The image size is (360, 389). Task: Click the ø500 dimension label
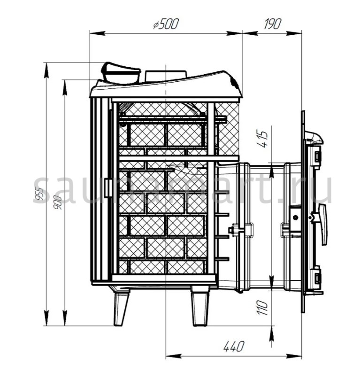(166, 24)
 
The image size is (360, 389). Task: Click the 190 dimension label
(272, 24)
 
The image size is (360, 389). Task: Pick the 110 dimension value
(262, 307)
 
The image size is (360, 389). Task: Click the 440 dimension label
(234, 346)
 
